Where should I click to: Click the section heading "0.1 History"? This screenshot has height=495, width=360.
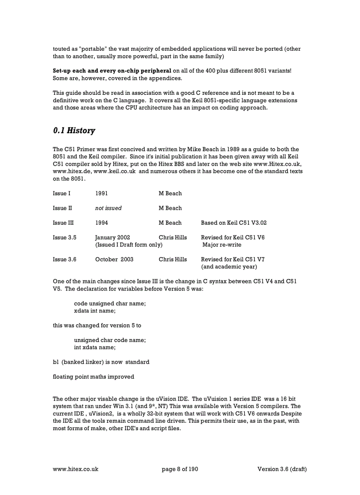(74, 130)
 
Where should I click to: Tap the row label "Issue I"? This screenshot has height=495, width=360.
(61, 194)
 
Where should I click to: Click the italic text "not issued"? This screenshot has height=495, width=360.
(108, 208)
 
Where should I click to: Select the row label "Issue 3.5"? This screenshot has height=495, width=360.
(64, 238)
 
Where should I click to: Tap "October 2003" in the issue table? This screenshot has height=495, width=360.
(114, 259)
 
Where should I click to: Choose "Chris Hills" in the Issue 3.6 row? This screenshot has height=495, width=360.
(172, 259)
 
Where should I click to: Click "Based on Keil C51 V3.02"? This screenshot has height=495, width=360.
(233, 223)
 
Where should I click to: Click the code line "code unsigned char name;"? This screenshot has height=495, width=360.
(110, 303)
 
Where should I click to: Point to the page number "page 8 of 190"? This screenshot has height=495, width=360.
(180, 469)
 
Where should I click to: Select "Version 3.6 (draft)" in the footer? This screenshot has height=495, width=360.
(282, 469)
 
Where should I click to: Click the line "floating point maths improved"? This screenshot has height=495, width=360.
(94, 377)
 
